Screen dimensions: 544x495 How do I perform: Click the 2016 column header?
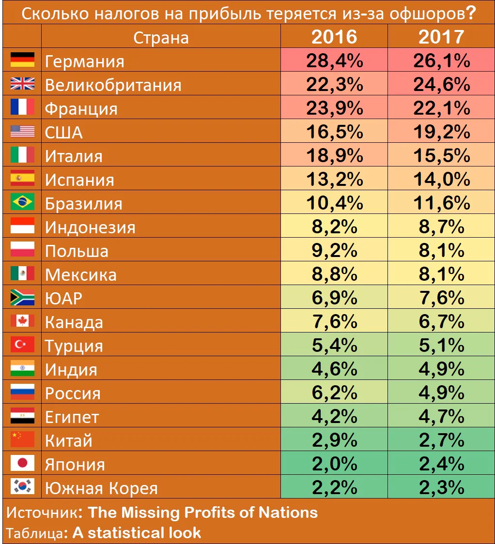point(334,37)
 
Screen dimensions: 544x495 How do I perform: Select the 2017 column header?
point(441,37)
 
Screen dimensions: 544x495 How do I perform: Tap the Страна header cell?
point(161,37)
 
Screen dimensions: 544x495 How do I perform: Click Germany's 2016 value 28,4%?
point(334,60)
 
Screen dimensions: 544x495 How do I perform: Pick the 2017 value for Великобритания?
point(441,84)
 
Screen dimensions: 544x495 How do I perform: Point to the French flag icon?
point(22,108)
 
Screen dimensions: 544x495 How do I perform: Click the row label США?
point(63,132)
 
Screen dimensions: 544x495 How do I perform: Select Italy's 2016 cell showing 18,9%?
point(334,155)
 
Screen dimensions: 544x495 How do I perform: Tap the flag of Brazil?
point(22,202)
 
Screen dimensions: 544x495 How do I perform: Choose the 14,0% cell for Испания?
point(441,179)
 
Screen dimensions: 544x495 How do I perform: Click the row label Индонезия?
point(90,227)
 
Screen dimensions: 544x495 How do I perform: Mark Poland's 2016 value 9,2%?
point(334,250)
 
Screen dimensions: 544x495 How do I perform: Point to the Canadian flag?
point(22,321)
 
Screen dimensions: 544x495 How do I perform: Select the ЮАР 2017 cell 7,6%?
point(441,298)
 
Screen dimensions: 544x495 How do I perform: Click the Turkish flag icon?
point(22,345)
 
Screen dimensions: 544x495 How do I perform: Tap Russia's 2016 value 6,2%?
point(334,393)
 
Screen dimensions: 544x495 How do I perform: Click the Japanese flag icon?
point(22,463)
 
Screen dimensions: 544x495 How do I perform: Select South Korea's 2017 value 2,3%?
point(441,487)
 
